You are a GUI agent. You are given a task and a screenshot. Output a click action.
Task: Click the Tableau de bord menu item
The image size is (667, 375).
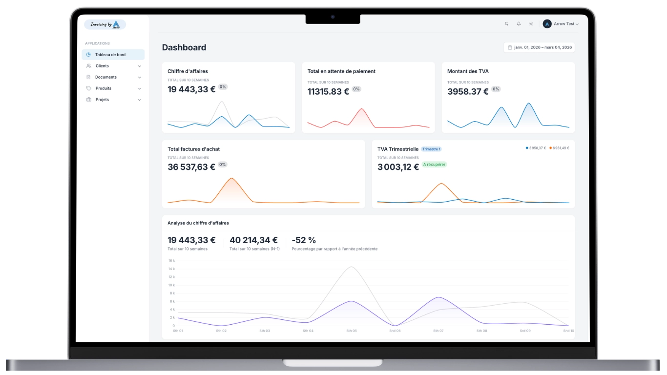tap(110, 55)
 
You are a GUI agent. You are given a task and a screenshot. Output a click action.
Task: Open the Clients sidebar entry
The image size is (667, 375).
tap(102, 66)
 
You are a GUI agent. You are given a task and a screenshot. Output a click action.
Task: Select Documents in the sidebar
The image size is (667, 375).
tap(105, 77)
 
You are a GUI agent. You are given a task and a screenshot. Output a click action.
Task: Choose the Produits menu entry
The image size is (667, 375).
tap(103, 88)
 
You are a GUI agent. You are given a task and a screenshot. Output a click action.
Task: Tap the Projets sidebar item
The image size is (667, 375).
tap(102, 100)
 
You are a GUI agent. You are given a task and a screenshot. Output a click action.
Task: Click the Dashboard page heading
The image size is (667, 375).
tap(184, 47)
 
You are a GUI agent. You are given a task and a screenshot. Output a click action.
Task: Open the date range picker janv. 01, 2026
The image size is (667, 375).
tap(539, 47)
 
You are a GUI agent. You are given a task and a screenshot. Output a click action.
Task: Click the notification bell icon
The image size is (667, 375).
tap(519, 24)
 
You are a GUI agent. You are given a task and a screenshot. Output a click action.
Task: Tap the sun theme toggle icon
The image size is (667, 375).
tap(531, 24)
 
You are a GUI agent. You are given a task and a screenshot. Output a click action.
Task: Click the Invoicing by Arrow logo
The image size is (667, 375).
tap(105, 24)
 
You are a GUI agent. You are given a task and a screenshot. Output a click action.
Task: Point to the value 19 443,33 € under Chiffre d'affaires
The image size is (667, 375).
tap(191, 89)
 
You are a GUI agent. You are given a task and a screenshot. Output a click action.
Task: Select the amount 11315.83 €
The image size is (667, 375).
tap(328, 91)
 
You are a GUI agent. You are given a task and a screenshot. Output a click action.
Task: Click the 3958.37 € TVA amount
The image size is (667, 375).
tap(468, 91)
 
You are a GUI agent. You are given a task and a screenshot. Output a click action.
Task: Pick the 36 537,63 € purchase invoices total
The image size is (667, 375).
tap(191, 167)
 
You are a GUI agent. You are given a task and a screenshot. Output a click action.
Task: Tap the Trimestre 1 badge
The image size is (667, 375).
tap(431, 149)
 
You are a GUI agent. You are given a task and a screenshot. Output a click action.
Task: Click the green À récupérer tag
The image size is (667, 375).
tap(434, 165)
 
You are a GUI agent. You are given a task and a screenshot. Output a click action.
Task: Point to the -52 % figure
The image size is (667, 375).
tap(303, 240)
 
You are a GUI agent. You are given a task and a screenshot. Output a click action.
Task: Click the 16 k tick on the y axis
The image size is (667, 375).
tap(171, 261)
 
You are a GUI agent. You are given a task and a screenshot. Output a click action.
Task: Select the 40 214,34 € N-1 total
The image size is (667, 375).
tap(253, 240)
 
